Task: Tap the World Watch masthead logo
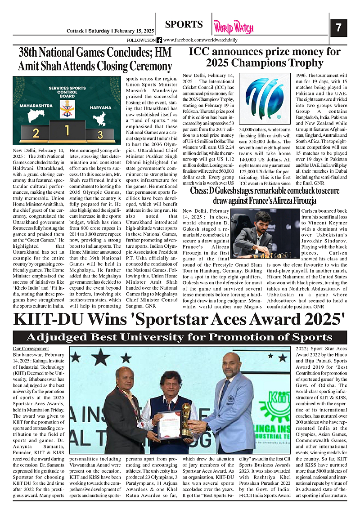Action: point(234,27)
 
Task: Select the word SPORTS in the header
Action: point(184,24)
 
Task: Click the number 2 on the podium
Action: point(36,134)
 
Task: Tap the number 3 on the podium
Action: point(100,134)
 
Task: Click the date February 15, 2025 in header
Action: point(134,31)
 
